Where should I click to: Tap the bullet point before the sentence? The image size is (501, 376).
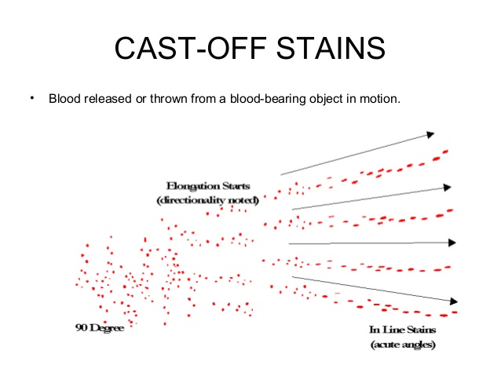pyautogui.click(x=33, y=98)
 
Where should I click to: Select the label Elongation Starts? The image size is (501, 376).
pyautogui.click(x=208, y=187)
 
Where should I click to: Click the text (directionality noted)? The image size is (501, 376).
pyautogui.click(x=208, y=200)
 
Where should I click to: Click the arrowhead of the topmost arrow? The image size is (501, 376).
pyautogui.click(x=430, y=134)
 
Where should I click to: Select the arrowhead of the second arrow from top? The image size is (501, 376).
pyautogui.click(x=447, y=188)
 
